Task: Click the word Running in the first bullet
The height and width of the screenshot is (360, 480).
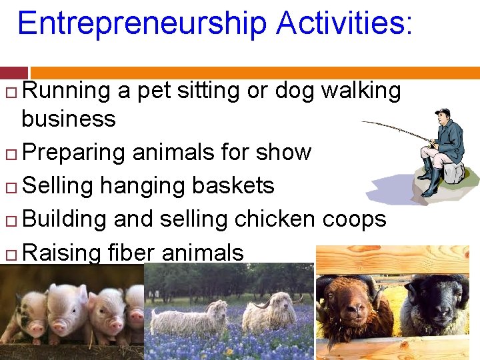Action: click(67, 91)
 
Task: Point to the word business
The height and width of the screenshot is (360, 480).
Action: click(68, 119)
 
